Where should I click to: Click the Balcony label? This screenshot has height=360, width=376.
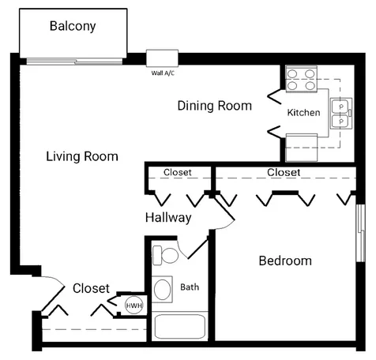coord(73,26)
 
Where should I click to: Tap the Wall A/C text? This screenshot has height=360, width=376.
coord(163,73)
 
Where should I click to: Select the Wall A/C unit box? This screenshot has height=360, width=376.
coord(162,58)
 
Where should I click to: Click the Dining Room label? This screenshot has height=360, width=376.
coord(215,106)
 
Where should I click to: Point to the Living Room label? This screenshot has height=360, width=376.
coord(82,156)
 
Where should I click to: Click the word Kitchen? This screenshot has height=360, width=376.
coord(303,113)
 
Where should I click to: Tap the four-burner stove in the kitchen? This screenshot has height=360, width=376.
coord(302,79)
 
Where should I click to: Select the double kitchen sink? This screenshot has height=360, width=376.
coord(341,114)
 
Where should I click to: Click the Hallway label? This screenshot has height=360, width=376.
coord(168,218)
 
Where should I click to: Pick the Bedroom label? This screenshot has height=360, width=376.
coord(285,261)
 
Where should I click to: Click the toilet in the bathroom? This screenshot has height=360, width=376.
coord(165,255)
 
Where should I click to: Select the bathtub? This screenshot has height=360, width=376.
coord(180,327)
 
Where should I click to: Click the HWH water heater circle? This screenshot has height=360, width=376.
coord(134,306)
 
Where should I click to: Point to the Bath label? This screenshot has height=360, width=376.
coord(190,287)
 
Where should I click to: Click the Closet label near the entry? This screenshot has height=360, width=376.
coord(91,288)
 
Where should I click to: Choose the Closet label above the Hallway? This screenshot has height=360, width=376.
coord(178,172)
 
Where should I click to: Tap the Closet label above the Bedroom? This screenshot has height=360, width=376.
coord(284,173)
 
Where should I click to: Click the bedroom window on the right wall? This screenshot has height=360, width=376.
coord(361,233)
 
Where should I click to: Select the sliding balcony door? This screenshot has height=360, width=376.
coord(74,62)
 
